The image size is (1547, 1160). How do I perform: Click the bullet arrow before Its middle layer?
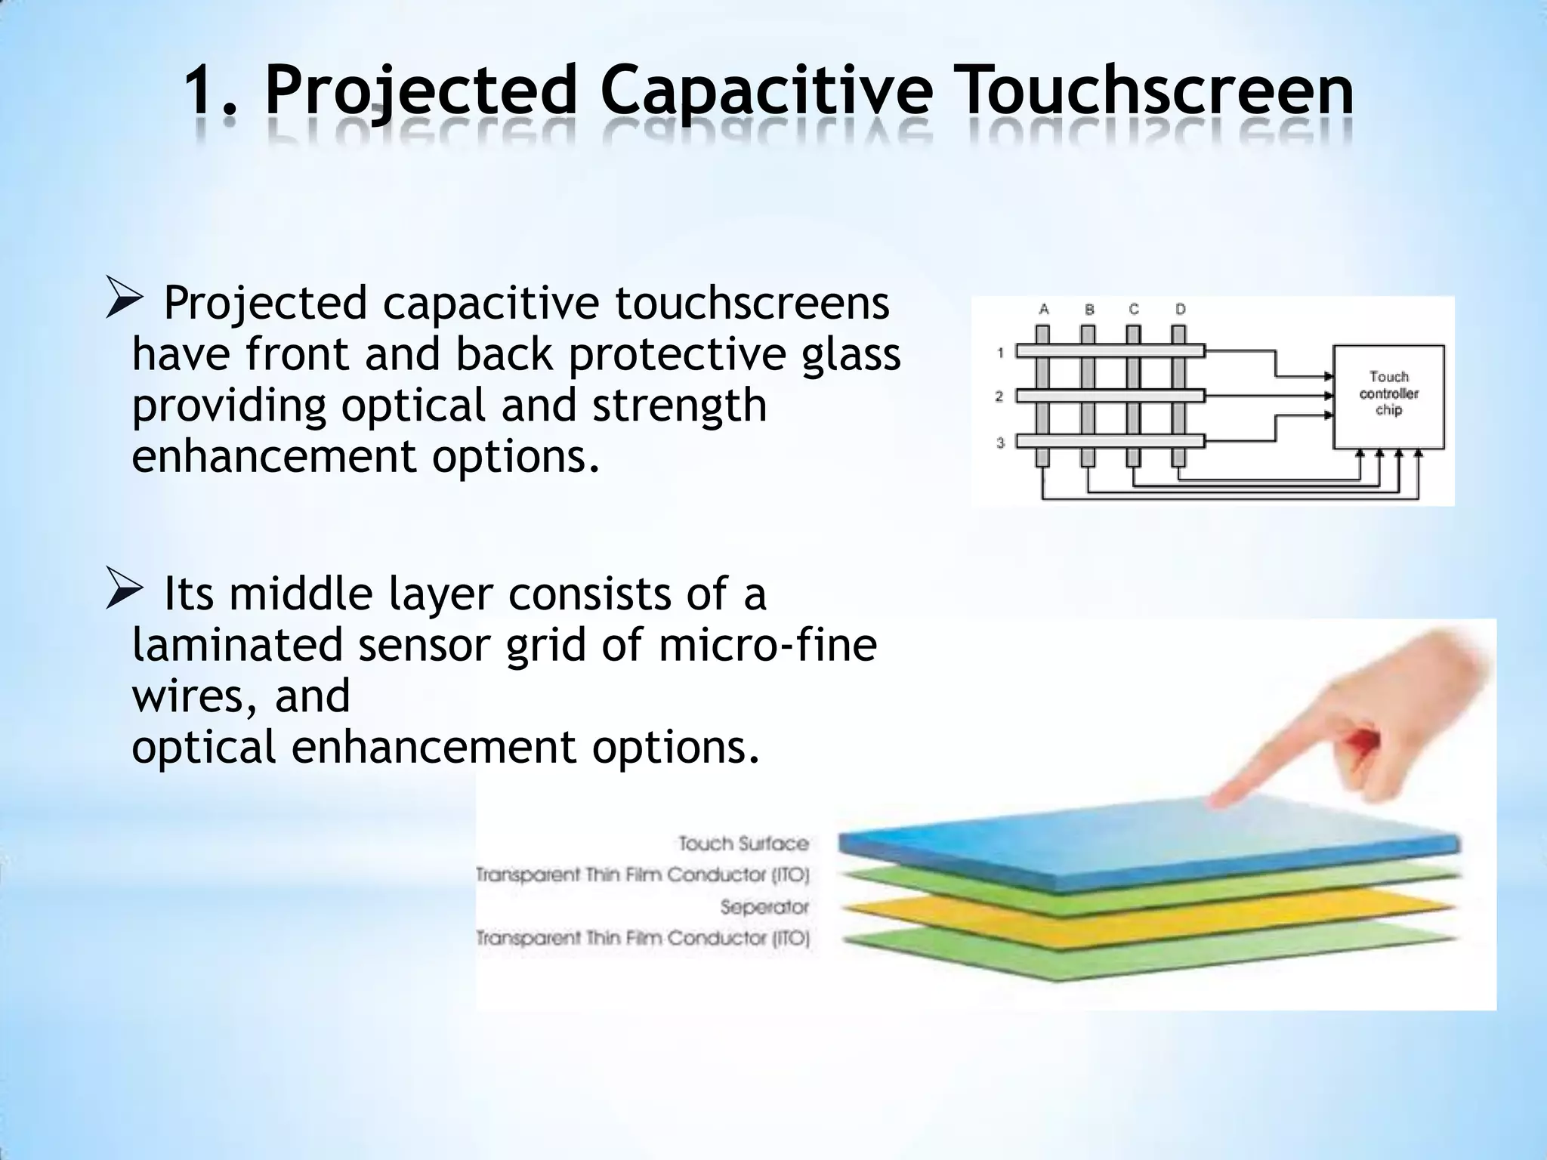tap(124, 593)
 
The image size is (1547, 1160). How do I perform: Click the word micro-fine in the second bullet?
tap(767, 645)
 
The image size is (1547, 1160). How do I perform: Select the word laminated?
tap(238, 645)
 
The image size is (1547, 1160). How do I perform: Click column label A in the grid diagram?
tap(1044, 309)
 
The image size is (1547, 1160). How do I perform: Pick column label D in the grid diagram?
tap(1181, 309)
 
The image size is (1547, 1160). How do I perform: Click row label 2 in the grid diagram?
tap(999, 396)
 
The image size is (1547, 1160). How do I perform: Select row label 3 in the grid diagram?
tap(1000, 443)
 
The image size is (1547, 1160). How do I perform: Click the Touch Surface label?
tap(743, 843)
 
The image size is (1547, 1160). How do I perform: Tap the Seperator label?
tap(764, 906)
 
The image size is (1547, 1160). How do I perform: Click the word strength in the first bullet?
tap(679, 406)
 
